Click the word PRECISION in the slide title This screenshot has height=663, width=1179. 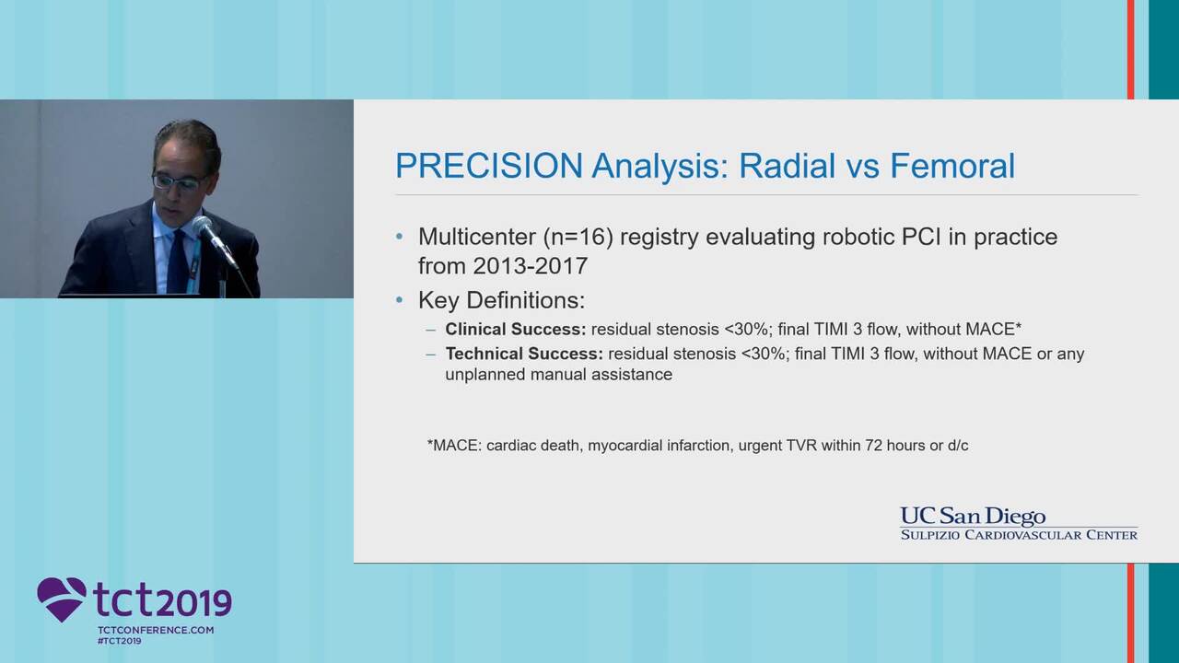[489, 166]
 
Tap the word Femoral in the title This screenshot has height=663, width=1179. [952, 166]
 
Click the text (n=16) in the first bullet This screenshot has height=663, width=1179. [578, 238]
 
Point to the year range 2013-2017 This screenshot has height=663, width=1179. [530, 266]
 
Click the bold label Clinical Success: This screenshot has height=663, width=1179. [515, 330]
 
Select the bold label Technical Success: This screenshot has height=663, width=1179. [524, 354]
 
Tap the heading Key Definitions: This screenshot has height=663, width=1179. [502, 300]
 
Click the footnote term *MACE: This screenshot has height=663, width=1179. [454, 445]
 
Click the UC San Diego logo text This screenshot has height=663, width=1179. [973, 517]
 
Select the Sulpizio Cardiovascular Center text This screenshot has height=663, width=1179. [1019, 535]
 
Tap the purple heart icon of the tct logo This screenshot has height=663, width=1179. [62, 599]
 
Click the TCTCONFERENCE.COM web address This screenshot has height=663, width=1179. [156, 630]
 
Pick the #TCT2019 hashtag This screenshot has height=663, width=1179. [120, 641]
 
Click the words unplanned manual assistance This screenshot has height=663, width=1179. [559, 375]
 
